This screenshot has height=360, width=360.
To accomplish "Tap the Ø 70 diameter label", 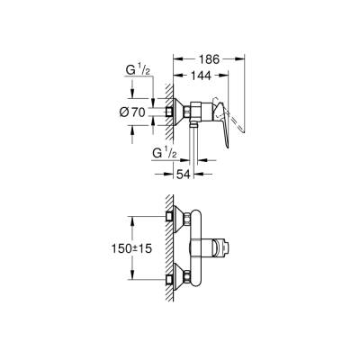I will pos(139,112).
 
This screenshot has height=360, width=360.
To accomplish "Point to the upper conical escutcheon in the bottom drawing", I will pos(181,218).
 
